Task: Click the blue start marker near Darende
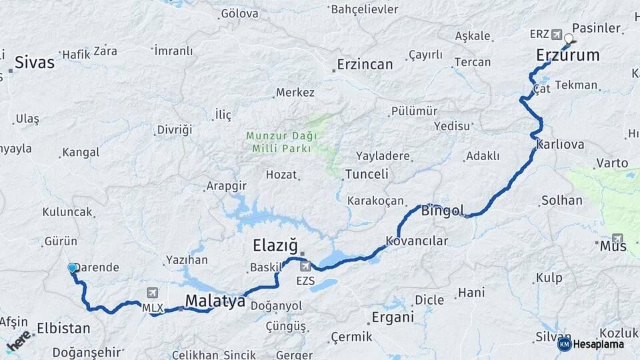pos(72,267)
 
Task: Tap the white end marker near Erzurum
pos(569,38)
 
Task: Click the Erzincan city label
pos(365,64)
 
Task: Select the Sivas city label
pos(34,63)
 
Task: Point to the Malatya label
pos(215,301)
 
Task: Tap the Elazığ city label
pos(275,245)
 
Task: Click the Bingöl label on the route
pos(442,211)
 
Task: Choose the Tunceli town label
pos(366,175)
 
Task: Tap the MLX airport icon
pos(153,293)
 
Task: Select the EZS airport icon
pos(305,267)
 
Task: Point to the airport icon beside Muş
pos(618,238)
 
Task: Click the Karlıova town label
pos(559,145)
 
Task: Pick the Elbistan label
pos(63,328)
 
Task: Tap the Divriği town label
pos(174,129)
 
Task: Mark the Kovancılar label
pos(417,241)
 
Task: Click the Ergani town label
pos(393,316)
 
